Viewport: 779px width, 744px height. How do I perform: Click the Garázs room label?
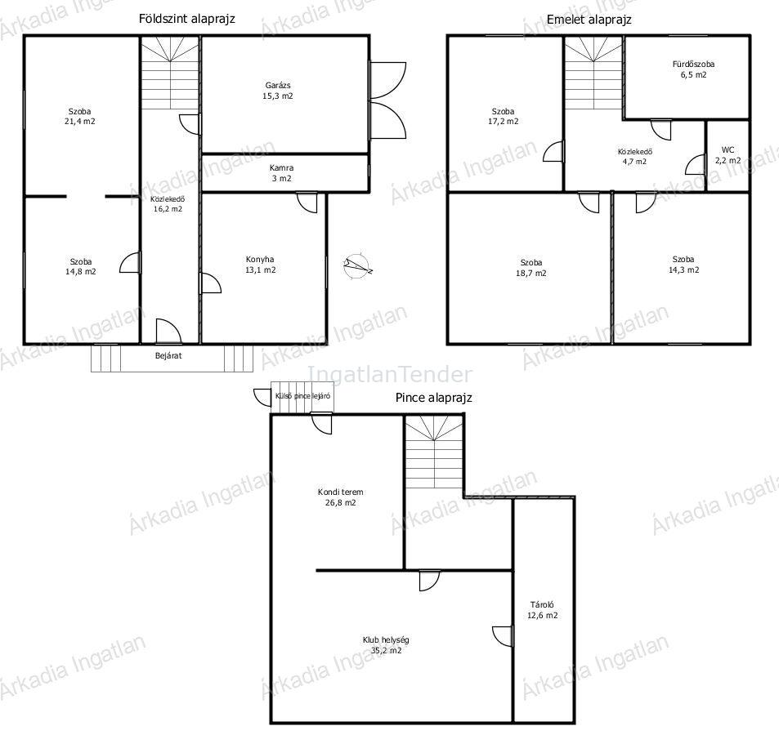[278, 91]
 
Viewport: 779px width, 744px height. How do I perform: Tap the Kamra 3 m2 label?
[282, 173]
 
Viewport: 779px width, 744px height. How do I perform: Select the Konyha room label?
[260, 265]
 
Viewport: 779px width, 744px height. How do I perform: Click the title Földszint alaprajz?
[187, 19]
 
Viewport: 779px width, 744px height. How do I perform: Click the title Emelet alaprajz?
[589, 20]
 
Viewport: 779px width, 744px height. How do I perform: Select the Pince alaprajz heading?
[434, 398]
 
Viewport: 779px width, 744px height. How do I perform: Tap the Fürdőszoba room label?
[693, 69]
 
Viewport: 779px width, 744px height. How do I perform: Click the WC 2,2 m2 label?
[728, 155]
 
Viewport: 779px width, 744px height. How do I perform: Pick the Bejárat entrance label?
[168, 356]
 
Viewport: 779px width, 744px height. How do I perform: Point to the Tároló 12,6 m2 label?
[543, 610]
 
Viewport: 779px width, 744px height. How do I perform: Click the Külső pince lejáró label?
[302, 396]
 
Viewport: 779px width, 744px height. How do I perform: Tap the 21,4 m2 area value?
[80, 121]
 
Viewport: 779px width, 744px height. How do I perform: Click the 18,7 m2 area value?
[531, 273]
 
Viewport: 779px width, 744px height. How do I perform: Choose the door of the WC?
[696, 164]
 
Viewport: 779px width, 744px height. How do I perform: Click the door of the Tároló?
[504, 637]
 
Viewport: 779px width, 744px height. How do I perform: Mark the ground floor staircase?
[170, 73]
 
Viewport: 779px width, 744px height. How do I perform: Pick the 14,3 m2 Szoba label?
[683, 265]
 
